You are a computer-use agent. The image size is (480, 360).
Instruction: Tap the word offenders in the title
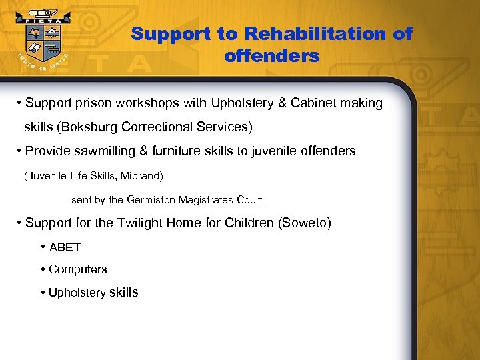click(x=272, y=56)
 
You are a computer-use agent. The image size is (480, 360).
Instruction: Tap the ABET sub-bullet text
click(x=65, y=247)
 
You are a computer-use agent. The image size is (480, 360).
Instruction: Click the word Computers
click(x=78, y=269)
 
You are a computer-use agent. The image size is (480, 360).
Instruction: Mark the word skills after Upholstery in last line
click(x=124, y=292)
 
